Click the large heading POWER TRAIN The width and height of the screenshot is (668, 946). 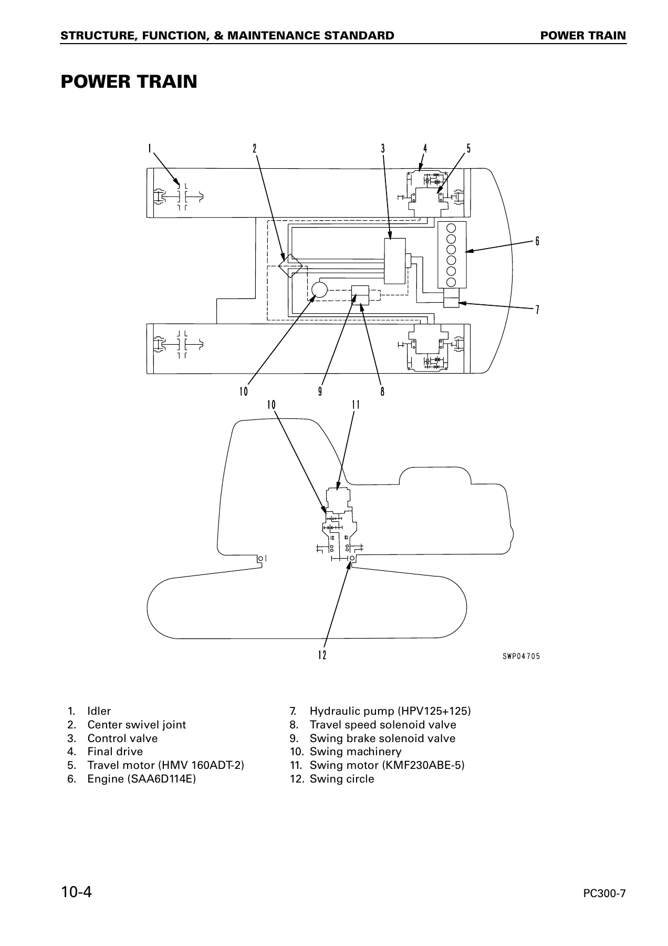click(129, 82)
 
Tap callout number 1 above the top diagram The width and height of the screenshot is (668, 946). click(149, 149)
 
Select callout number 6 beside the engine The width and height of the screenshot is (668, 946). click(537, 241)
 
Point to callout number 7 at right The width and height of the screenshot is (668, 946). click(537, 310)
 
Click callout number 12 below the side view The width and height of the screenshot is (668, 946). click(322, 655)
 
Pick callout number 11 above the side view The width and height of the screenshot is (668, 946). click(356, 405)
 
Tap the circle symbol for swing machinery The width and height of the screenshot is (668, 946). click(319, 289)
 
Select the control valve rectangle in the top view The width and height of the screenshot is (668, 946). click(395, 261)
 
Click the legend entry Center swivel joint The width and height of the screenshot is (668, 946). click(137, 725)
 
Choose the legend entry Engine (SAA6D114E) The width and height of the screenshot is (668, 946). click(141, 779)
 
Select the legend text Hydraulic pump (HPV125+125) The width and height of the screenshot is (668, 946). click(390, 711)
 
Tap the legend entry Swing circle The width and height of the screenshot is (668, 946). click(342, 779)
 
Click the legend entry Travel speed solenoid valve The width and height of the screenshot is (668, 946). click(383, 725)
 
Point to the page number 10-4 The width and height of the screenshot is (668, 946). click(76, 892)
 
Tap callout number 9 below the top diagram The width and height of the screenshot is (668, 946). click(320, 392)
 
